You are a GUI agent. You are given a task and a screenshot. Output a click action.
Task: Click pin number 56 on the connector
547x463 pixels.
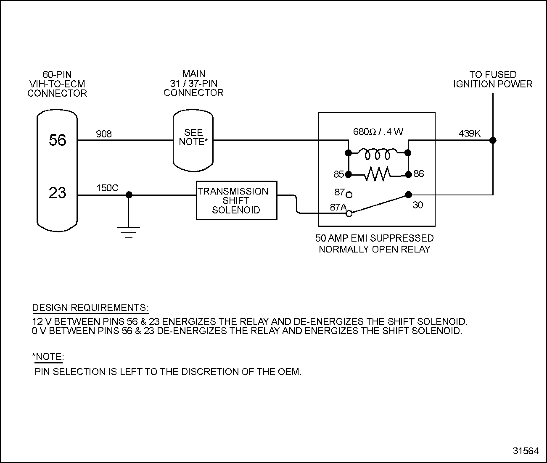click(58, 140)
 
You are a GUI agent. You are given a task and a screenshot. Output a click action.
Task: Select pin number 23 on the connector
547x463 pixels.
click(58, 193)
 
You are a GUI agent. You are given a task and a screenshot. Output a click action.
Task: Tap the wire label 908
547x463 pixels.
click(104, 134)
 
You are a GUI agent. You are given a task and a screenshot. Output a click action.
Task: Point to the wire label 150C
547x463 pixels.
click(107, 188)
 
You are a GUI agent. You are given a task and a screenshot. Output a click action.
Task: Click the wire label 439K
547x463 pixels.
click(470, 134)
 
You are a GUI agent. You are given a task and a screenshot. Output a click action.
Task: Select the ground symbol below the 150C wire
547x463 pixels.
click(129, 232)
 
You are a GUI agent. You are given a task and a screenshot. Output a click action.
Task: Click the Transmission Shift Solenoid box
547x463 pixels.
click(236, 200)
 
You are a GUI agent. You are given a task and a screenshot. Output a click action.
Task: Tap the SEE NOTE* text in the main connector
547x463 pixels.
click(193, 137)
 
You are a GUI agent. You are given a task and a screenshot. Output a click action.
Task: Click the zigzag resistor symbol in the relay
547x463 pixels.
click(378, 174)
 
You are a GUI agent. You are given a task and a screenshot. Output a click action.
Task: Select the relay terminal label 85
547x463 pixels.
click(338, 174)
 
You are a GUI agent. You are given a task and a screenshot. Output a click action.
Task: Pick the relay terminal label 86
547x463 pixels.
click(419, 174)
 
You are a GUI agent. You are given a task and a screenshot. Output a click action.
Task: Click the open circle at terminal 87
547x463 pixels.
click(349, 195)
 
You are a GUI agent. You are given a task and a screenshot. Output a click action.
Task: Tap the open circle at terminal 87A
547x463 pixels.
click(349, 214)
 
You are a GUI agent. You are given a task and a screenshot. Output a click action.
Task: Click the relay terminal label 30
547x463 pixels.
click(418, 205)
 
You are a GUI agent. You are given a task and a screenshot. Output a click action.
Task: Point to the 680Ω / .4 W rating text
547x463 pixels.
click(378, 132)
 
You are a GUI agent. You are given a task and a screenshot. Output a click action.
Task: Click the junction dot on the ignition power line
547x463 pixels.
click(493, 140)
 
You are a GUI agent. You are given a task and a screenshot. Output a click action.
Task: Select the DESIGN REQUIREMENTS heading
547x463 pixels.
click(90, 308)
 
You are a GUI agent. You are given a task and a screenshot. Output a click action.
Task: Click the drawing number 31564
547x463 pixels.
click(526, 451)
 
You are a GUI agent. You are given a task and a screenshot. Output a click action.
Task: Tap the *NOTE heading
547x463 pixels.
click(48, 357)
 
